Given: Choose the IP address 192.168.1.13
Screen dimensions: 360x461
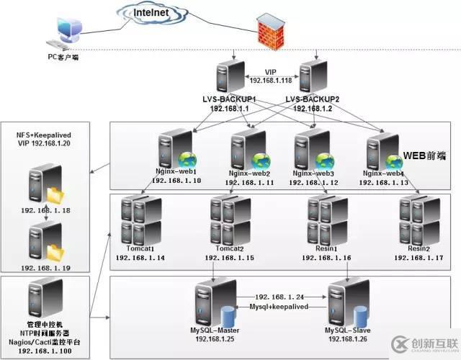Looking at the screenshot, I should (x=383, y=183).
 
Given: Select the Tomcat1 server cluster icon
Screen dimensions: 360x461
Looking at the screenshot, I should (x=138, y=220).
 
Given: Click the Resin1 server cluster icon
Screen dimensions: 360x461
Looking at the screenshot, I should (x=325, y=220).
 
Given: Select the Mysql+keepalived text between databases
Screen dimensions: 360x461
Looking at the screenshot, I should (x=279, y=306).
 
